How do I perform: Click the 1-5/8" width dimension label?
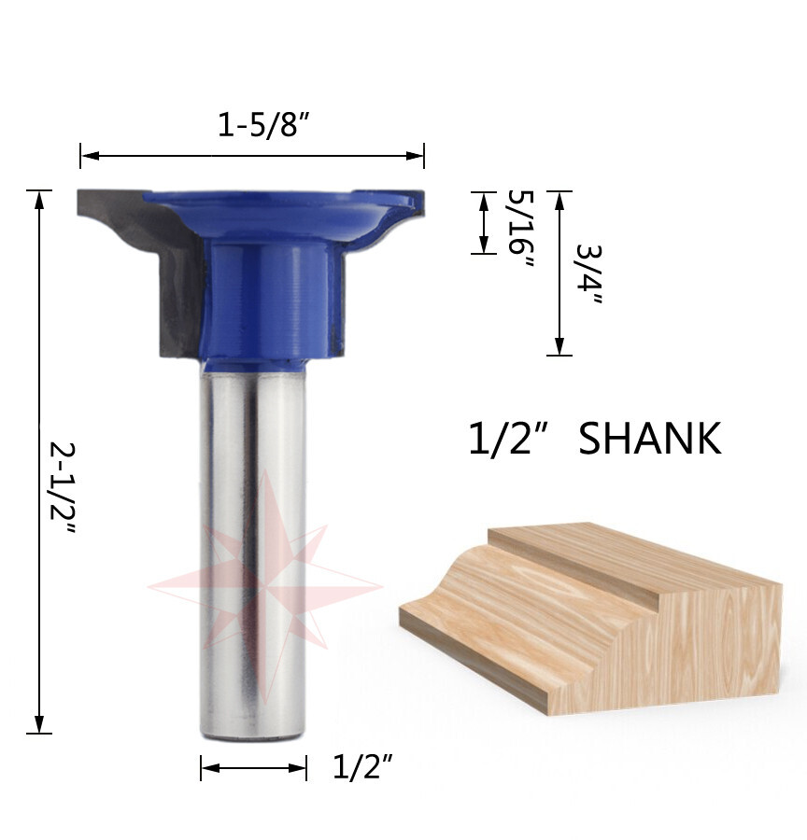263,125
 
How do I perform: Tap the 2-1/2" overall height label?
64,488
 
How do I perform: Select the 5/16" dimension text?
520,230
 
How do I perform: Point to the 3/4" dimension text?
588,273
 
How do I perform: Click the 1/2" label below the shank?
363,766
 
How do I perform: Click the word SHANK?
650,439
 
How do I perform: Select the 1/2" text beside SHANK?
508,439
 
